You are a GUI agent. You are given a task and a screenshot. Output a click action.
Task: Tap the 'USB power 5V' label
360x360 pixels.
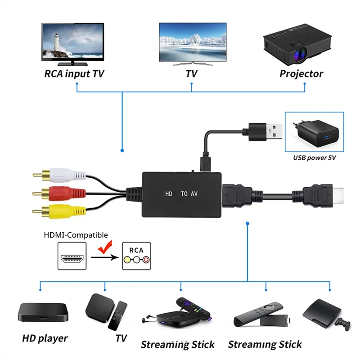[315, 158]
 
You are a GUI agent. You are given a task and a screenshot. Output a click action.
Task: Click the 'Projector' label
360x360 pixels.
[301, 73]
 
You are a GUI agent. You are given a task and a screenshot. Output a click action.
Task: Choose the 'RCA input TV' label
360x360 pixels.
[74, 73]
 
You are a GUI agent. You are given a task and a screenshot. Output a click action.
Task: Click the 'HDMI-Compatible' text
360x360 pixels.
[76, 235]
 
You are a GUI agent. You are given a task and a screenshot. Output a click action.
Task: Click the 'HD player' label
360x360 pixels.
[45, 338]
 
